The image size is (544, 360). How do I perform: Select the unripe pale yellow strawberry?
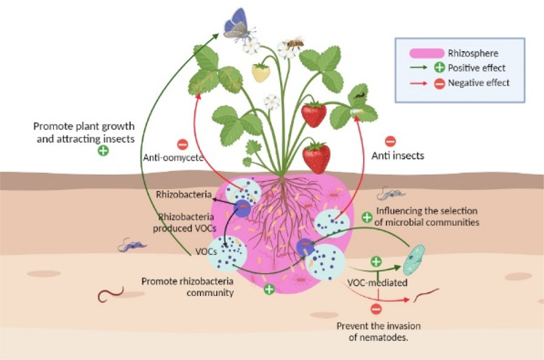click(260, 71)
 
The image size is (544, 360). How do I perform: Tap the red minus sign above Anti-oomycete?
click(182, 144)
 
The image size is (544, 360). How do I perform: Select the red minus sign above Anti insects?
click(390, 142)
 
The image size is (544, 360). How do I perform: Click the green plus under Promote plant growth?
click(103, 150)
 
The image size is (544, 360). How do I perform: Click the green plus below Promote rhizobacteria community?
click(269, 290)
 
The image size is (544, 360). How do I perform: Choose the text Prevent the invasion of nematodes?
click(377, 329)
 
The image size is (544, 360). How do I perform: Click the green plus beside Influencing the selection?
click(367, 217)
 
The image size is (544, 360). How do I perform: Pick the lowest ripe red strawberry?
click(317, 158)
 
